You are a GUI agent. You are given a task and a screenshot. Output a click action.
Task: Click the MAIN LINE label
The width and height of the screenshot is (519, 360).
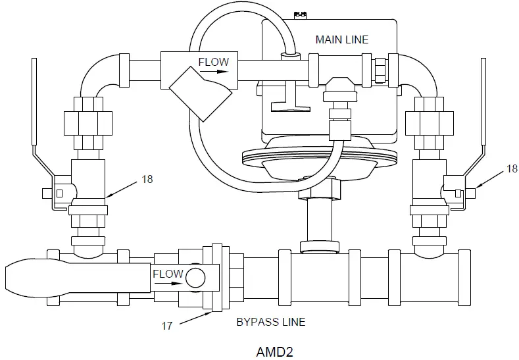pos(341,39)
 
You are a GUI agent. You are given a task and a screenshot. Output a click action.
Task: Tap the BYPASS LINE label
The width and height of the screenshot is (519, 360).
pos(270,322)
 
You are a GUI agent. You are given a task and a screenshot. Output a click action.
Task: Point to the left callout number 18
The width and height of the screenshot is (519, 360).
pos(147,179)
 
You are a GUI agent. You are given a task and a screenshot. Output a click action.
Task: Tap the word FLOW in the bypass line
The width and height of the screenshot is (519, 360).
pos(168,273)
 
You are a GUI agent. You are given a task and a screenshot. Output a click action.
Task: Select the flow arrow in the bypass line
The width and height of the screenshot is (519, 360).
pos(168,284)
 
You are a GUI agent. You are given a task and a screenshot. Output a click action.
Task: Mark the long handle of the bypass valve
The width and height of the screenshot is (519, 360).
pos(72,277)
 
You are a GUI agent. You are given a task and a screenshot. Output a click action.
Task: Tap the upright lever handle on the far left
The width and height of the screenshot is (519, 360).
pos(33,99)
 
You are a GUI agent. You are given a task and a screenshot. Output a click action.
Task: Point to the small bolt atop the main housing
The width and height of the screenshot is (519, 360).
pos(301,14)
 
